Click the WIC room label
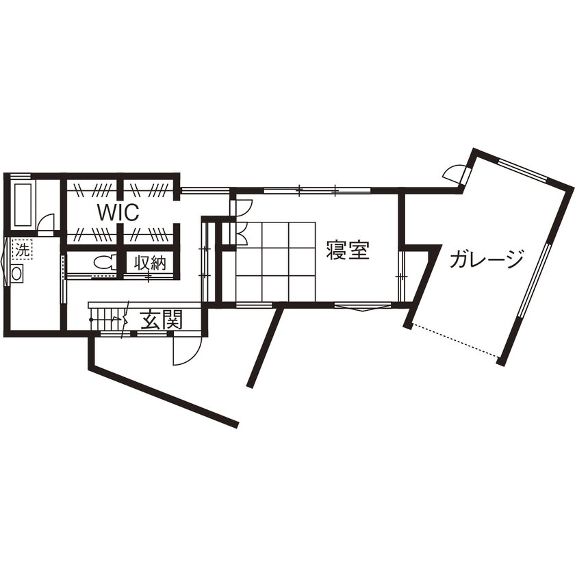[x=118, y=212]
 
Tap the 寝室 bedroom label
[x=348, y=251]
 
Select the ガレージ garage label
[x=487, y=259]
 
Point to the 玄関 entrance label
[x=162, y=320]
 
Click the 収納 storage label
[x=149, y=263]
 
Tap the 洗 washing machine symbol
[x=23, y=250]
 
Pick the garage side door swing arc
[x=453, y=172]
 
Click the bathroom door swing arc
[x=46, y=223]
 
